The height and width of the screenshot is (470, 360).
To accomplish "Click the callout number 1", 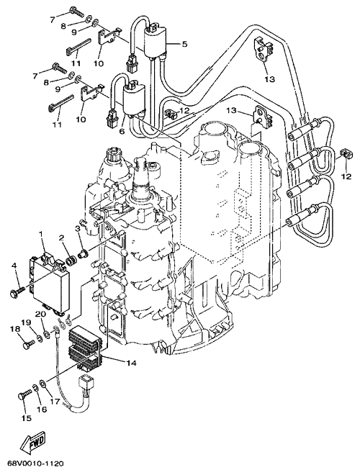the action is (x=42, y=234).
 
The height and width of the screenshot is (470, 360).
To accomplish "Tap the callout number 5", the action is (x=184, y=45).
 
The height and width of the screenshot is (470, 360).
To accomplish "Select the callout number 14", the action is (x=131, y=363).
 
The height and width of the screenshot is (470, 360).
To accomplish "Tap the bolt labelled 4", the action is (x=18, y=291).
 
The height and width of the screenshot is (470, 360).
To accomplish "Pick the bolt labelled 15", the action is (x=25, y=394).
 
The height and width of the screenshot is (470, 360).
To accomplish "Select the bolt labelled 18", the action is (x=29, y=343).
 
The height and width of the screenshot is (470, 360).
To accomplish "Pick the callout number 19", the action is (x=27, y=322).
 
